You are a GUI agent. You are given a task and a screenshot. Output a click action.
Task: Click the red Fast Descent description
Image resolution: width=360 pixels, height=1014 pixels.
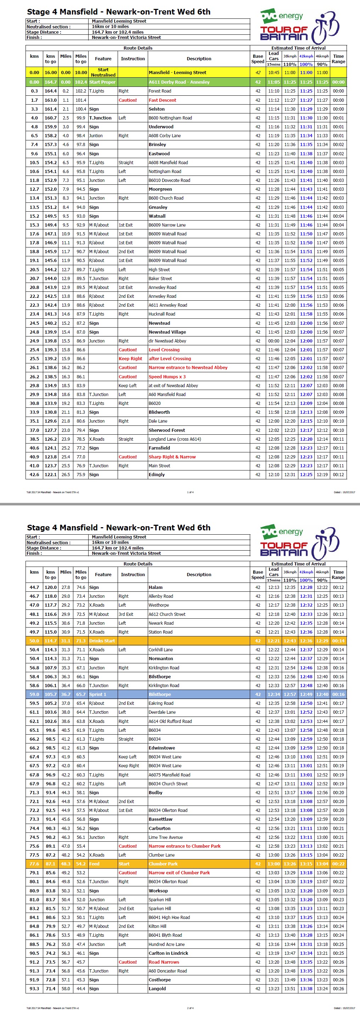click(162, 100)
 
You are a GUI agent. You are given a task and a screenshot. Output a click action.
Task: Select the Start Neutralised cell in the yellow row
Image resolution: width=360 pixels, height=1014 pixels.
click(103, 72)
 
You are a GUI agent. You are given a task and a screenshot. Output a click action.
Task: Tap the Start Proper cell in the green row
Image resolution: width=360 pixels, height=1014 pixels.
click(102, 82)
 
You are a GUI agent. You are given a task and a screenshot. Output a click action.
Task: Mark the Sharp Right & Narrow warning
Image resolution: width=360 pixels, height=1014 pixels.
click(172, 457)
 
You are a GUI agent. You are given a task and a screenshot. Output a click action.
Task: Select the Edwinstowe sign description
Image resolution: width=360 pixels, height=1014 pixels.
click(162, 748)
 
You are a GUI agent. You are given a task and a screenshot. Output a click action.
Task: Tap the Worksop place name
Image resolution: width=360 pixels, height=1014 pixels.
click(158, 891)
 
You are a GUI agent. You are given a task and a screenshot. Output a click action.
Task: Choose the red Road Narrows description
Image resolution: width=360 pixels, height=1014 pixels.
click(164, 962)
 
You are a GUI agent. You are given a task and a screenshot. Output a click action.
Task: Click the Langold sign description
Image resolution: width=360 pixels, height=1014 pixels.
click(157, 989)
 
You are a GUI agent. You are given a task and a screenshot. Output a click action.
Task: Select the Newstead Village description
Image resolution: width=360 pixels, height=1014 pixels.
click(167, 332)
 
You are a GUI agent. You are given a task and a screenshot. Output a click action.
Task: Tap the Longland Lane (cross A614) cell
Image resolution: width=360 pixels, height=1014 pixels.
click(174, 439)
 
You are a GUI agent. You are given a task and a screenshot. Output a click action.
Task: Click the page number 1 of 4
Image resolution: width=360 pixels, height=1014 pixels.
click(190, 492)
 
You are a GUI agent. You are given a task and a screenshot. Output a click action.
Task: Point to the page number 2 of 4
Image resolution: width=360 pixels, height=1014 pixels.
click(190, 1008)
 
